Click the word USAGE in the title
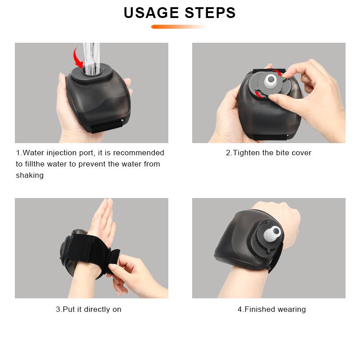click(151, 13)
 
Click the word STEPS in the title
click(210, 13)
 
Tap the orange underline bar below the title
click(179, 27)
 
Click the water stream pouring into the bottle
click(92, 58)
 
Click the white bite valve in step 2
click(271, 82)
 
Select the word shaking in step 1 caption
click(30, 175)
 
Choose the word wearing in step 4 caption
click(292, 310)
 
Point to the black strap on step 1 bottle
click(107, 126)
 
